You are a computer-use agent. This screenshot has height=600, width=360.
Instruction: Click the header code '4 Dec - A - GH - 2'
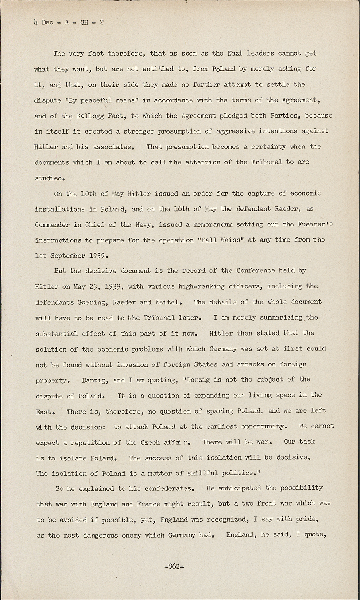[x=69, y=22]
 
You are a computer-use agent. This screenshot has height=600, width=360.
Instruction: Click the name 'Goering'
[x=93, y=302]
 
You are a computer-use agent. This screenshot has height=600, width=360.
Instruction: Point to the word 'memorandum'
[x=213, y=224]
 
